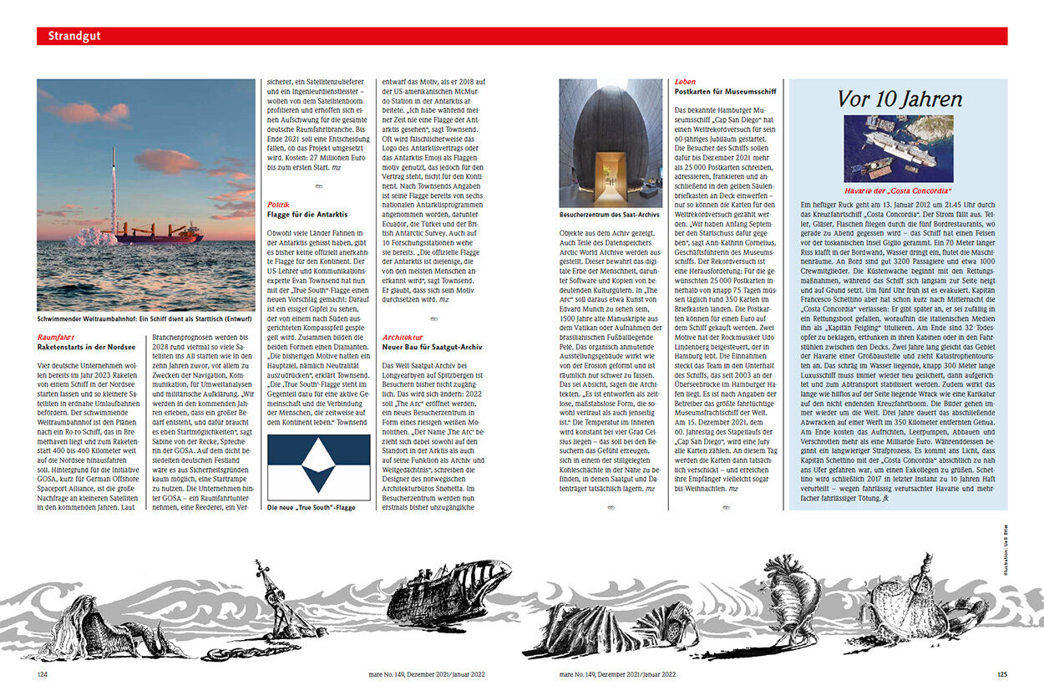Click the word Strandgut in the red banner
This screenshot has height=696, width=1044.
74,36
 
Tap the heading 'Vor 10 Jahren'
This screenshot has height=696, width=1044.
899,99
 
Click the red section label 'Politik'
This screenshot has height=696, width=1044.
278,205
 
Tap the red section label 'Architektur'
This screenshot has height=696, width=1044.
402,336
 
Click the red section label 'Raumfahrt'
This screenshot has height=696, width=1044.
57,336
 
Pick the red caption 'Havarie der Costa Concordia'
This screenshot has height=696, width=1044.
899,191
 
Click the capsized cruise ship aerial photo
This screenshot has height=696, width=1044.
899,148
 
